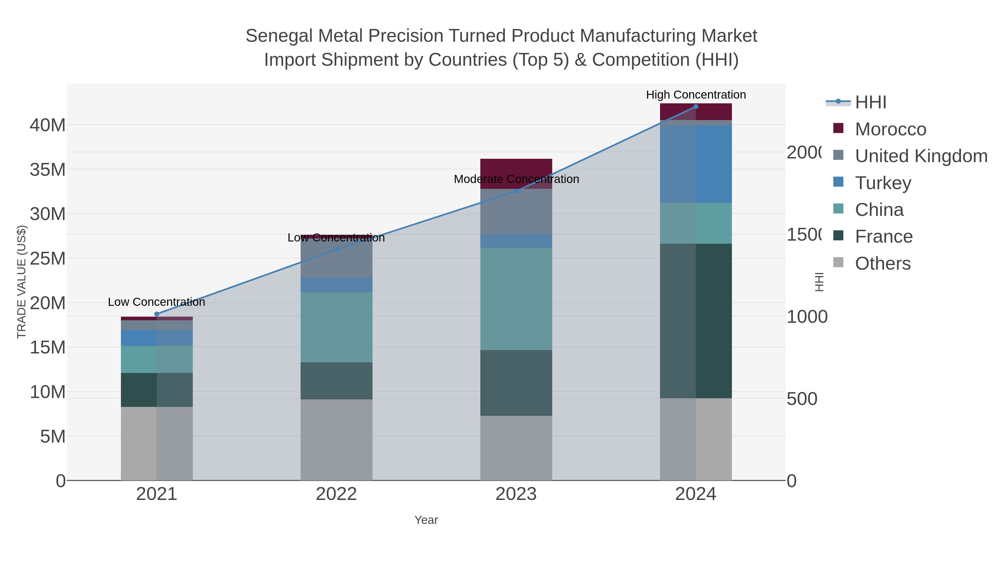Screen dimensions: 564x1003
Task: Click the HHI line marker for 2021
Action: [x=157, y=314]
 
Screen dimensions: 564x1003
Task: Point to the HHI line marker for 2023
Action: [x=516, y=191]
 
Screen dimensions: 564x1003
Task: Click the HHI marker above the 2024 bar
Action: [x=696, y=107]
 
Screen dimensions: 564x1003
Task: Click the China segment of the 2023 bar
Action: [x=516, y=299]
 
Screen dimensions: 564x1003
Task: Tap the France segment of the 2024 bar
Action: [x=696, y=321]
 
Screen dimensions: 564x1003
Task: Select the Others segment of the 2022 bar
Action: [x=336, y=440]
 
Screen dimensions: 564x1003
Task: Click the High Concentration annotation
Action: [x=696, y=95]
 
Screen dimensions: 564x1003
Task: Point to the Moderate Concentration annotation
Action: [x=516, y=179]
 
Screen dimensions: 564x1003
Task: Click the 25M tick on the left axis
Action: [x=47, y=258]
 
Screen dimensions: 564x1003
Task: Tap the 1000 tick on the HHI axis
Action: [x=807, y=317]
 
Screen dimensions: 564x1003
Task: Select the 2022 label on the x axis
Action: [x=336, y=494]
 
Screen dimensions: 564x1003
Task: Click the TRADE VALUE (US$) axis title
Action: [x=22, y=282]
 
